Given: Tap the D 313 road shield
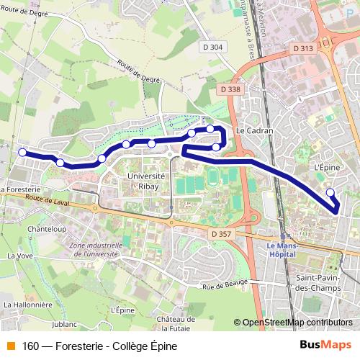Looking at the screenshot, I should [304, 48].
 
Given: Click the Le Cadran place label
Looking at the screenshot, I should [251, 132].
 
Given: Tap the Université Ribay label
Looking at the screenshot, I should [146, 181].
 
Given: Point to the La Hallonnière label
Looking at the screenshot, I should [28, 305].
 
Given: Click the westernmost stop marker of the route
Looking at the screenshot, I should [22, 152].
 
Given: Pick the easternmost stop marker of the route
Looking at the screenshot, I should [330, 192].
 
